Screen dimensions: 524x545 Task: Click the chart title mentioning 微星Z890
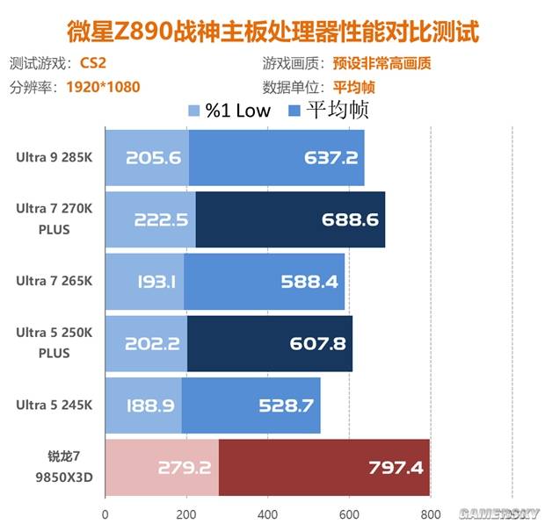272,32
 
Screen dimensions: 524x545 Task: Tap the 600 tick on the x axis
348,514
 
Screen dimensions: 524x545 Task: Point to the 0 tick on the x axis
105,514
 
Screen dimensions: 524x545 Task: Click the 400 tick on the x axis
267,514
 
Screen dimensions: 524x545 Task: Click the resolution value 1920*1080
103,87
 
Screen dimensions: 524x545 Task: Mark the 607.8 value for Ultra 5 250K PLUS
316,343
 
